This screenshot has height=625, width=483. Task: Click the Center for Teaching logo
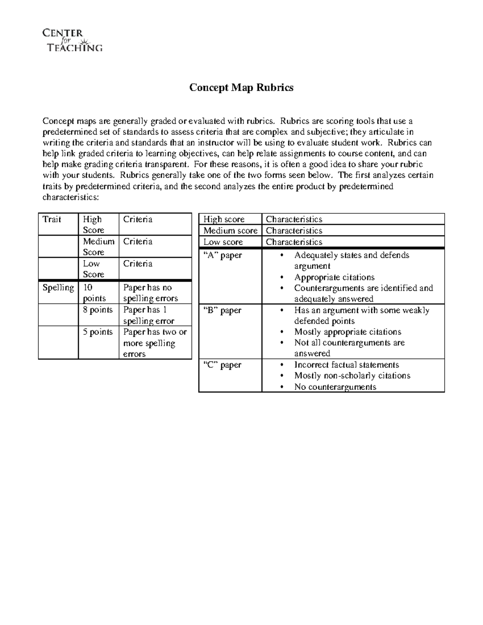pyautogui.click(x=72, y=40)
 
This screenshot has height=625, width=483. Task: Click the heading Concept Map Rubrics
pyautogui.click(x=241, y=87)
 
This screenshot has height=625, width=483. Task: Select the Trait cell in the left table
pyautogui.click(x=52, y=219)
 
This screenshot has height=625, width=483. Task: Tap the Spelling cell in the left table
pyautogui.click(x=58, y=288)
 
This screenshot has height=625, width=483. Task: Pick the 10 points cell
pyautogui.click(x=94, y=293)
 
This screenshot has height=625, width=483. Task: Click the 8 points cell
pyautogui.click(x=97, y=310)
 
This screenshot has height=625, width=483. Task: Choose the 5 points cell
pyautogui.click(x=97, y=332)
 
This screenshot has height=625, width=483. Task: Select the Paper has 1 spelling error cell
pyautogui.click(x=149, y=315)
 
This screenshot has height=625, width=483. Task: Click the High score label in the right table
pyautogui.click(x=224, y=219)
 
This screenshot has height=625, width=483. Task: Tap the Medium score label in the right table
pyautogui.click(x=230, y=231)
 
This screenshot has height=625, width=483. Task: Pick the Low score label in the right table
pyautogui.click(x=223, y=242)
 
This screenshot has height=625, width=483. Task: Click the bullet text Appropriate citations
pyautogui.click(x=334, y=277)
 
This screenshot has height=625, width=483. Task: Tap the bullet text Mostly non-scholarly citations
pyautogui.click(x=352, y=375)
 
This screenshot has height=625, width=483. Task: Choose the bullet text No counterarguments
pyautogui.click(x=335, y=387)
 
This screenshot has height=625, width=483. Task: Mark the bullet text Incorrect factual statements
pyautogui.click(x=347, y=365)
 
